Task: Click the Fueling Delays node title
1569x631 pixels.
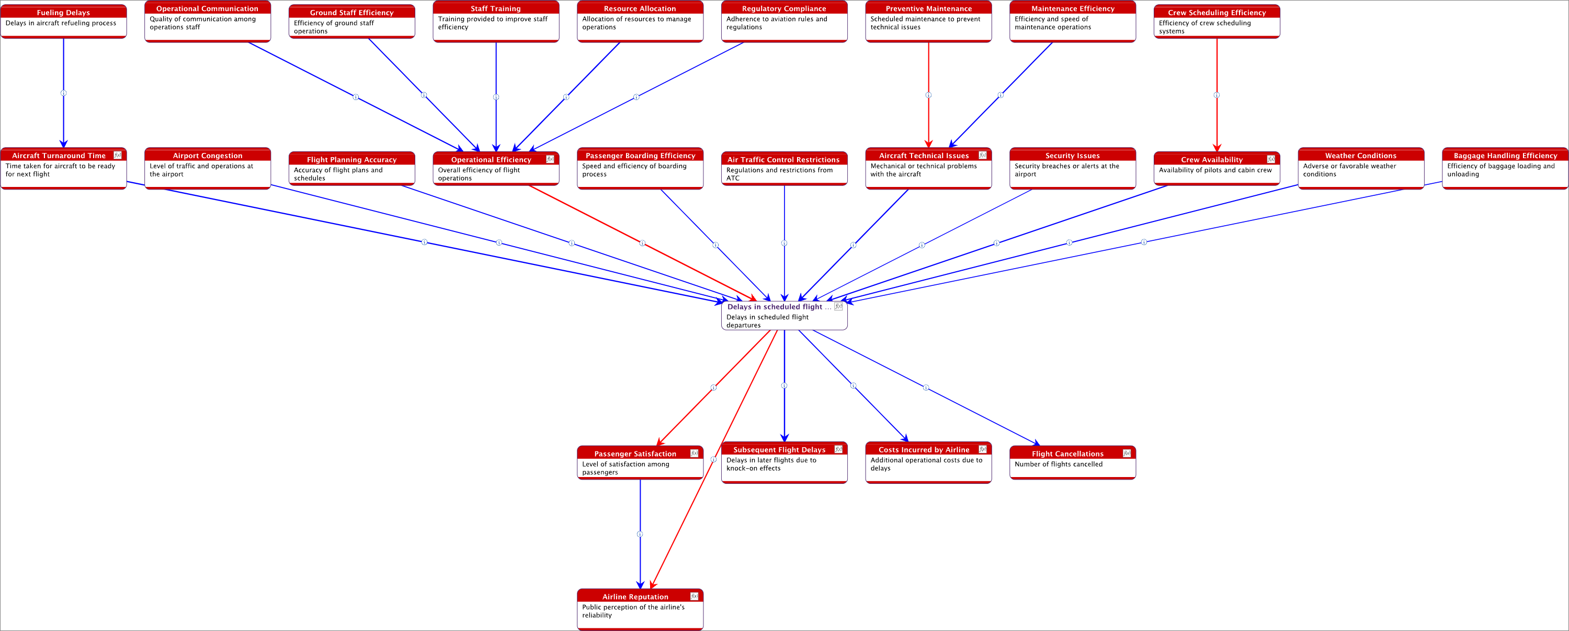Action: click(x=63, y=12)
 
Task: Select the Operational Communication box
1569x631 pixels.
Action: click(x=207, y=22)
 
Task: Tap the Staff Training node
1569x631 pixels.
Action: click(x=496, y=22)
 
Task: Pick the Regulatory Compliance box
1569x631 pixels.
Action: click(x=784, y=22)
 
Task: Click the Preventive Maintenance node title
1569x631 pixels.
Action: click(x=928, y=8)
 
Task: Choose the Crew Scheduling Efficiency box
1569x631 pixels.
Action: click(x=1216, y=22)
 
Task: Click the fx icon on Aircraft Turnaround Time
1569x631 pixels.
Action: click(x=118, y=156)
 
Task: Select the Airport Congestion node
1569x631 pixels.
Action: click(x=207, y=169)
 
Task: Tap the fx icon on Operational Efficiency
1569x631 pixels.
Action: click(x=550, y=159)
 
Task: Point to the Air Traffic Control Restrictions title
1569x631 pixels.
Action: click(x=783, y=160)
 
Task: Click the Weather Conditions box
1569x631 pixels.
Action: click(x=1361, y=169)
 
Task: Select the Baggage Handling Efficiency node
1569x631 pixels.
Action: click(x=1505, y=169)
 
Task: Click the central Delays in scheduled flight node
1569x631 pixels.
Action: click(x=784, y=316)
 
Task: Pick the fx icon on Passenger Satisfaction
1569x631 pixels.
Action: click(x=693, y=453)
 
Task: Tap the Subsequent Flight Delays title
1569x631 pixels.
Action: click(x=779, y=450)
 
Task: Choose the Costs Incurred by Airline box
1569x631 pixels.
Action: click(x=928, y=463)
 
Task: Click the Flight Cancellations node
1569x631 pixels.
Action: click(x=1072, y=463)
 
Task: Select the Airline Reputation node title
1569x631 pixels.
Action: click(x=635, y=597)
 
